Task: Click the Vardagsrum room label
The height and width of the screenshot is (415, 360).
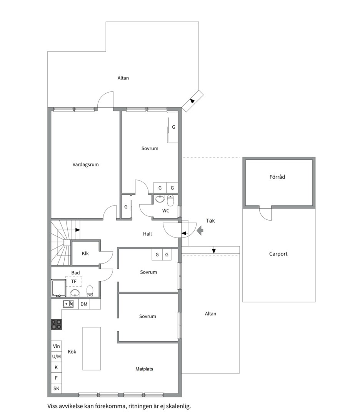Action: [86, 164]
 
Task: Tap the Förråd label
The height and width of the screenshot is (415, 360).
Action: [277, 177]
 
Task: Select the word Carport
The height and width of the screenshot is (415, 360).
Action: [278, 254]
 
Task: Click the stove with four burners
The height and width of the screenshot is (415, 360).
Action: [57, 324]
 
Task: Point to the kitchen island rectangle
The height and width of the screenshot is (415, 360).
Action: [92, 348]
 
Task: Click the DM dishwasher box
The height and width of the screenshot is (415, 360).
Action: [84, 304]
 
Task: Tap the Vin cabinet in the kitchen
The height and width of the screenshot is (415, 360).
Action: [56, 346]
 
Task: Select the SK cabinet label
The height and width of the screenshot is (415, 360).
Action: [56, 388]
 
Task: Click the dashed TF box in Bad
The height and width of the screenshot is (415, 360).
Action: [73, 282]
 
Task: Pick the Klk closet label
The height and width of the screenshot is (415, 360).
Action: [85, 253]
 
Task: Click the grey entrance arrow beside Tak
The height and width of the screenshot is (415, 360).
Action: [200, 231]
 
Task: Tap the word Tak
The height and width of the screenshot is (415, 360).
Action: [210, 221]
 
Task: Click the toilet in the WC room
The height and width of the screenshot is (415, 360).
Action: [171, 200]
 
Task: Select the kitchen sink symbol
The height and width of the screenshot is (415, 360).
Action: [68, 304]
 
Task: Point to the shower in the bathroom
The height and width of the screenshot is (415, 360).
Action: [58, 289]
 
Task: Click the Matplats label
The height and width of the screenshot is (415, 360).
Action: [144, 369]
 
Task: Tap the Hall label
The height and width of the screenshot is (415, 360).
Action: [147, 234]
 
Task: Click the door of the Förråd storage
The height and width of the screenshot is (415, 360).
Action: [265, 214]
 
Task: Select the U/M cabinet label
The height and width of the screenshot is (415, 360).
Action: [56, 357]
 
